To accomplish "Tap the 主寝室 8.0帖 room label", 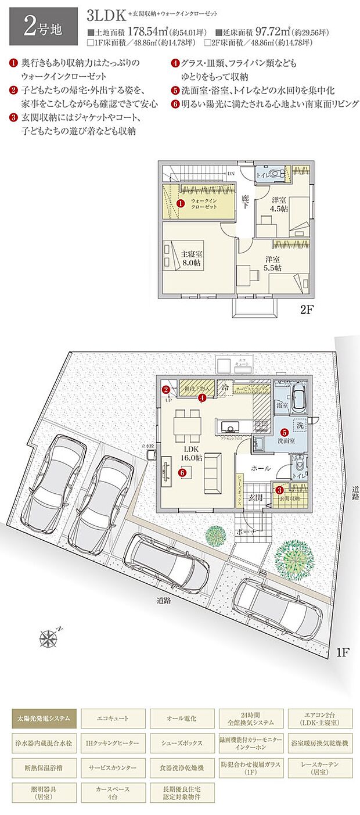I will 191,258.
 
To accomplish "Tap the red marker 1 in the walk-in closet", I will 180,204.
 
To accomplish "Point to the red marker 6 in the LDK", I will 182,473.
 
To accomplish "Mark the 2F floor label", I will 307,310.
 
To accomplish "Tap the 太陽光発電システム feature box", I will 44,718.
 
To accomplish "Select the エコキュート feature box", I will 113,718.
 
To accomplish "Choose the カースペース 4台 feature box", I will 113,793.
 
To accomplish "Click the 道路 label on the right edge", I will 355,494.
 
